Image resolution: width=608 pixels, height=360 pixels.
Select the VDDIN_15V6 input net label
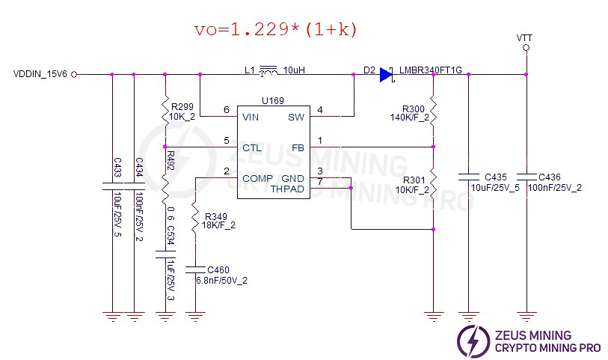point(40,74)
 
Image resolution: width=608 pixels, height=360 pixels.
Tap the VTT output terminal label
point(525,37)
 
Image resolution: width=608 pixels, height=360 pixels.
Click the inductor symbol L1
point(267,72)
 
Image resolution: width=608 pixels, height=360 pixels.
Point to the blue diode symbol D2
point(386,74)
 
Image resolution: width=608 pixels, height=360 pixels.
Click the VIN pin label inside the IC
point(251,117)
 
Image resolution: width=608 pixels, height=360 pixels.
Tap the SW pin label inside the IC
point(296,117)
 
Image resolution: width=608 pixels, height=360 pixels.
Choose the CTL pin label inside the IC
point(251,147)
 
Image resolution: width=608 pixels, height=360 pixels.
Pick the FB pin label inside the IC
point(298,147)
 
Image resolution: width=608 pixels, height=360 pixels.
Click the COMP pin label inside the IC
point(257,178)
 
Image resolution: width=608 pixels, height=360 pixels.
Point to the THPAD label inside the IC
point(288,189)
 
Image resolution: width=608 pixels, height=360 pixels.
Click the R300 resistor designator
point(414,109)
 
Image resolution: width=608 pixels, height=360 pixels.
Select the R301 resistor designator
point(414,180)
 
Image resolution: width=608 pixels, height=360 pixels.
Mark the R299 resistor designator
point(182,108)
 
